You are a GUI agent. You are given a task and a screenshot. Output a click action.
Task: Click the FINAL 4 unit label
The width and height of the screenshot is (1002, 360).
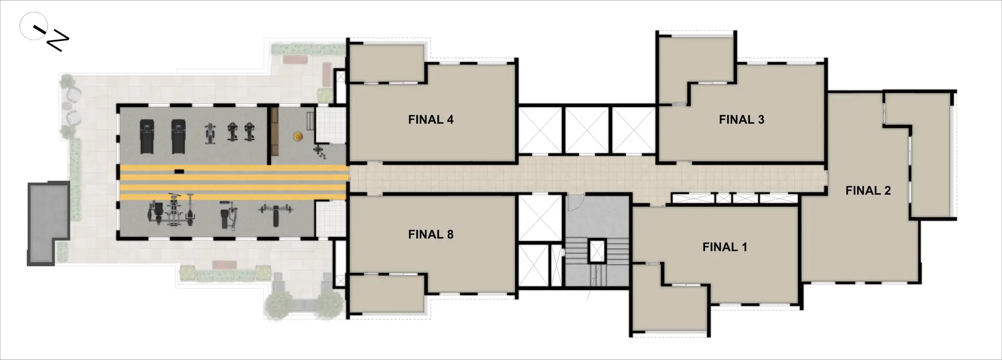431,119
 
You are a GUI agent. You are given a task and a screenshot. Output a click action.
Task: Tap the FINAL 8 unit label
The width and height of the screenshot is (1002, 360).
431,234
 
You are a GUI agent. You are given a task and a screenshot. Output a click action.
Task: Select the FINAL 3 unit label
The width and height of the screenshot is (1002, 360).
742,119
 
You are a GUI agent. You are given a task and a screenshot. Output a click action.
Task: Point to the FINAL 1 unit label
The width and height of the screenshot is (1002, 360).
725,247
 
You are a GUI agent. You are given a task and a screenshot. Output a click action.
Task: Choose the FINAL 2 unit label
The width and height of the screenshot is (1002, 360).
868,190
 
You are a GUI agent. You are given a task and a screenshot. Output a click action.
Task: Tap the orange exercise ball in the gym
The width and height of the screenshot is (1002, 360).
297,136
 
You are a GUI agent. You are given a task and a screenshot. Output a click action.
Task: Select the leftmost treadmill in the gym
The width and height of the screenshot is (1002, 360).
147,137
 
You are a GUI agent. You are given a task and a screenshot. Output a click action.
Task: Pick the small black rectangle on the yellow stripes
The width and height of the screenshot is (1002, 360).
179,171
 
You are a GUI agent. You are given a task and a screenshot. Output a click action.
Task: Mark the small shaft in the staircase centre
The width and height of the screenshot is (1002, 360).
597,251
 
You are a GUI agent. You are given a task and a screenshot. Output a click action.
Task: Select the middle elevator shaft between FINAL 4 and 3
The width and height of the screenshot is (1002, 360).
587,130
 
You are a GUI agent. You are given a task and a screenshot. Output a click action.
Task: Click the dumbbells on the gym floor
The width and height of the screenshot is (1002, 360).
319,152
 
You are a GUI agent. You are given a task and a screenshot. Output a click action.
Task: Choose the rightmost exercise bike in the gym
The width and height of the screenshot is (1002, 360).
249,131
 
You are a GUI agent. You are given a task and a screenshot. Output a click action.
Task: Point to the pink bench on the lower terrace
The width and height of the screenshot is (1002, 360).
224,266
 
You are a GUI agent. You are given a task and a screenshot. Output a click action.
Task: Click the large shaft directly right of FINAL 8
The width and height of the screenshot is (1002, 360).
540,218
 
